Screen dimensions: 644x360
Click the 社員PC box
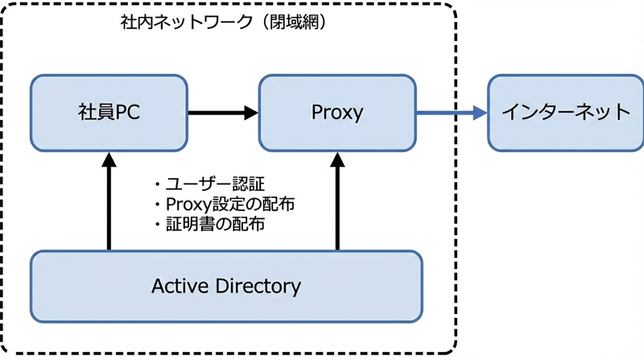pos(109,113)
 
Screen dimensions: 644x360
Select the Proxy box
pos(337,113)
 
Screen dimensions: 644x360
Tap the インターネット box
pos(566,113)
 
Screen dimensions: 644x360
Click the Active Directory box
pos(226,287)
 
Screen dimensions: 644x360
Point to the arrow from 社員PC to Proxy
pos(223,113)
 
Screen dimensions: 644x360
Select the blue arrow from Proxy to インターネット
pos(452,112)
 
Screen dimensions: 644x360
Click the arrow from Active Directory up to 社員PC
pos(109,201)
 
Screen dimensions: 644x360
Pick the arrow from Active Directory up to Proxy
pos(337,201)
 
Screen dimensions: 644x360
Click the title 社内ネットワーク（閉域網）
pos(224,23)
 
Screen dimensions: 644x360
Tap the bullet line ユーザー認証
pos(209,184)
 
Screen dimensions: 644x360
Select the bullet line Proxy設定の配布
pos(225,205)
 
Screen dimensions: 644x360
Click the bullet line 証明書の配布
pos(209,225)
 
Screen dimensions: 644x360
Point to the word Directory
pos(258,287)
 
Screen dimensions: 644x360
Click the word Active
pos(180,286)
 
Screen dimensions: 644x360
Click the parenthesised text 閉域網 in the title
pos(295,23)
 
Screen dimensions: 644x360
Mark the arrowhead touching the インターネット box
pos(480,112)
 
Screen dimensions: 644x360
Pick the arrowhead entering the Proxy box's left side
pos(251,113)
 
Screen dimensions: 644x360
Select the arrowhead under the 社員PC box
pos(109,159)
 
